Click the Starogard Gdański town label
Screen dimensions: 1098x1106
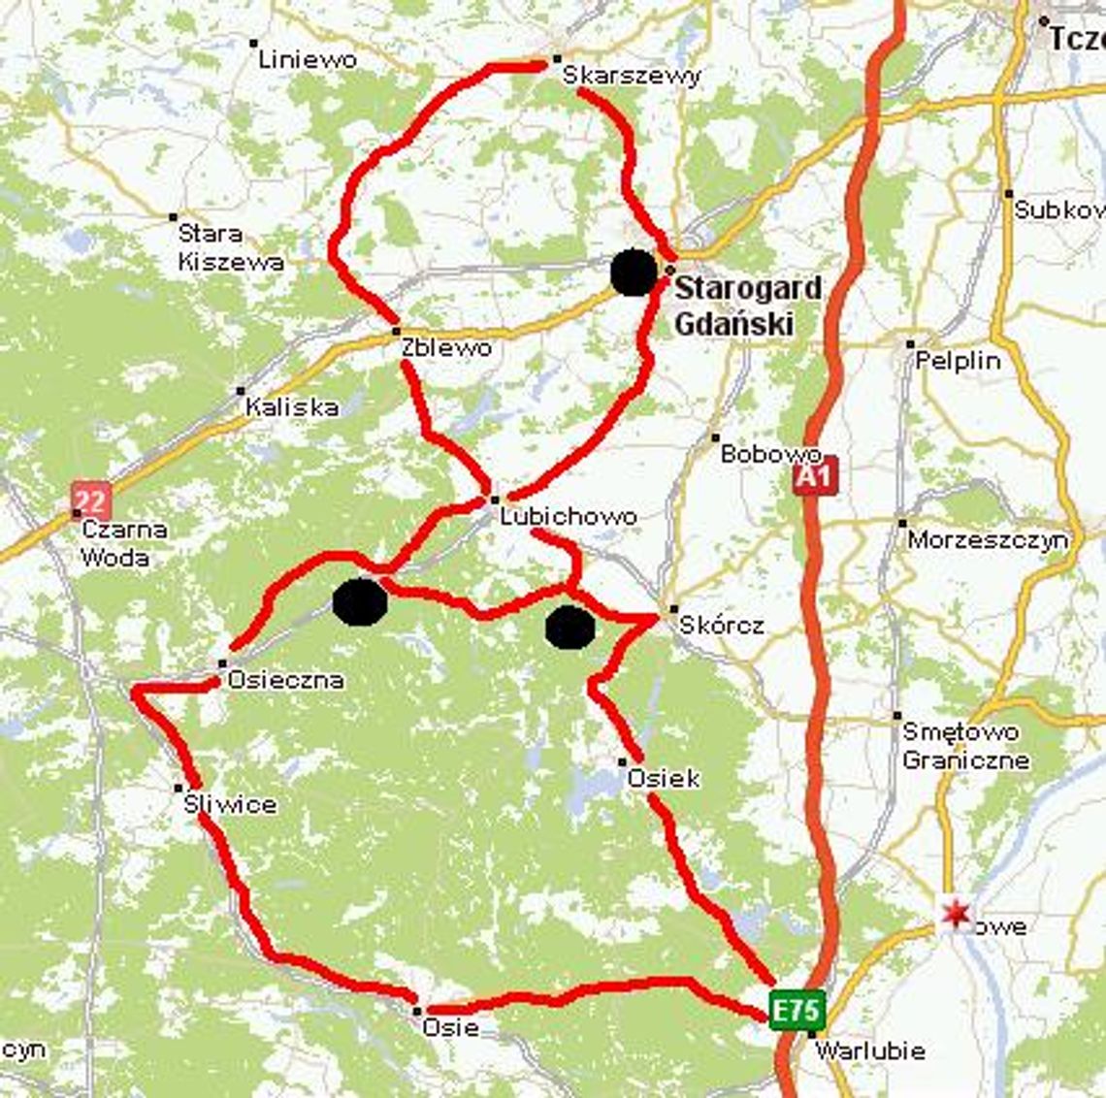coord(747,306)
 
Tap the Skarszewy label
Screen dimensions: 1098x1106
coord(632,76)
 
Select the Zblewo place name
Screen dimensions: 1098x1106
coord(446,347)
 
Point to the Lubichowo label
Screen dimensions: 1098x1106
coord(569,516)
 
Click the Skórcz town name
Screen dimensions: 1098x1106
coord(721,625)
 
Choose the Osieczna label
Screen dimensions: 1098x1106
coord(285,680)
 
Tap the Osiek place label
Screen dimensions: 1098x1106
coord(664,778)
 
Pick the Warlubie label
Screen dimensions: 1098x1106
coord(869,1050)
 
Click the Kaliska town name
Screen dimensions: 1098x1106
coord(292,407)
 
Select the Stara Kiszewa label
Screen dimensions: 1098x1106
coord(231,247)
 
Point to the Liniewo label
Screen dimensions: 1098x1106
coord(308,59)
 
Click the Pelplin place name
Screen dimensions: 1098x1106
coord(958,361)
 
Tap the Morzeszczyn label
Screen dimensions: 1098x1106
coord(988,539)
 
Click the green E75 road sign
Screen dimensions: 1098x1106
coord(797,1010)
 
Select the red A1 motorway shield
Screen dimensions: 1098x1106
coord(813,475)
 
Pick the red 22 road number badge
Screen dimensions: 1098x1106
coord(90,501)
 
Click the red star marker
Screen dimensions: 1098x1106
coord(957,913)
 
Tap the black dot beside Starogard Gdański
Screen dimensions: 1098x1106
coord(634,273)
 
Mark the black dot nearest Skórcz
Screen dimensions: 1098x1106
coord(569,627)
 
